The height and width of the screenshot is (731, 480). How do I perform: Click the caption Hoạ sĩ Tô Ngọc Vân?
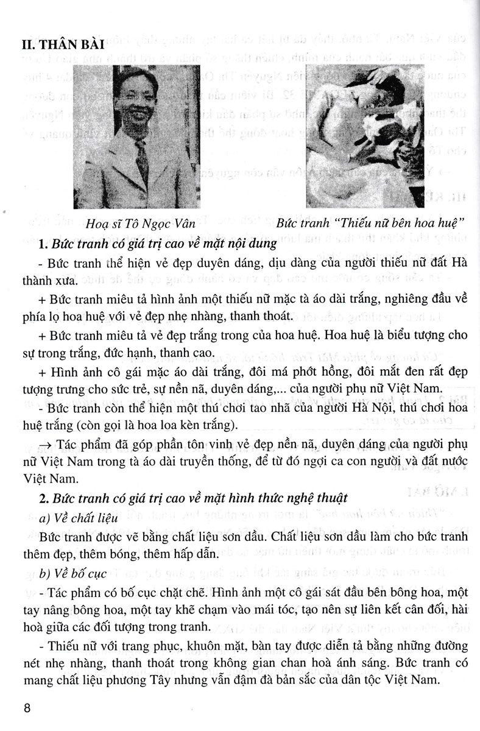click(141, 224)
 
